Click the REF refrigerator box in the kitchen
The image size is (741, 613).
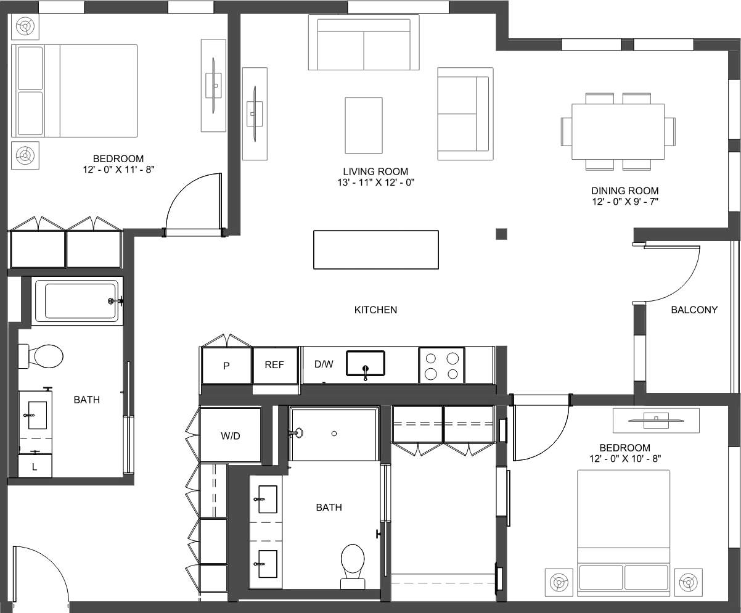tap(274, 365)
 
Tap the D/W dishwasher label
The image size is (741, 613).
tap(324, 364)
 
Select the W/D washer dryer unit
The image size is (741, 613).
tap(231, 435)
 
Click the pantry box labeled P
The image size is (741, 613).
tap(226, 366)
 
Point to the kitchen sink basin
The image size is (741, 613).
tap(365, 363)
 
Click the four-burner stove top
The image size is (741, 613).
tap(441, 365)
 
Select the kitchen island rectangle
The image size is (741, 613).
tap(376, 250)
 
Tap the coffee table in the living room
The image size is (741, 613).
tap(364, 125)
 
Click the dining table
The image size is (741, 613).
tap(618, 131)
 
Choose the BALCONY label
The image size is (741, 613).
tap(694, 310)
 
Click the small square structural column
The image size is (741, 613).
tap(501, 234)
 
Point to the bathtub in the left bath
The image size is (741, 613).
tap(76, 301)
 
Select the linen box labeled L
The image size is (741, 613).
tap(35, 467)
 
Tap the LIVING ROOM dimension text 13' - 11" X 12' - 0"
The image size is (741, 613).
tap(375, 183)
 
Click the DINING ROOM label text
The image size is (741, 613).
tap(624, 191)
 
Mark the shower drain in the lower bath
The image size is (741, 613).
tap(334, 434)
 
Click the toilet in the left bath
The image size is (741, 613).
tap(43, 356)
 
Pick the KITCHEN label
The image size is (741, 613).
tap(375, 310)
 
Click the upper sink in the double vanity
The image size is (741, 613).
tap(268, 500)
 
